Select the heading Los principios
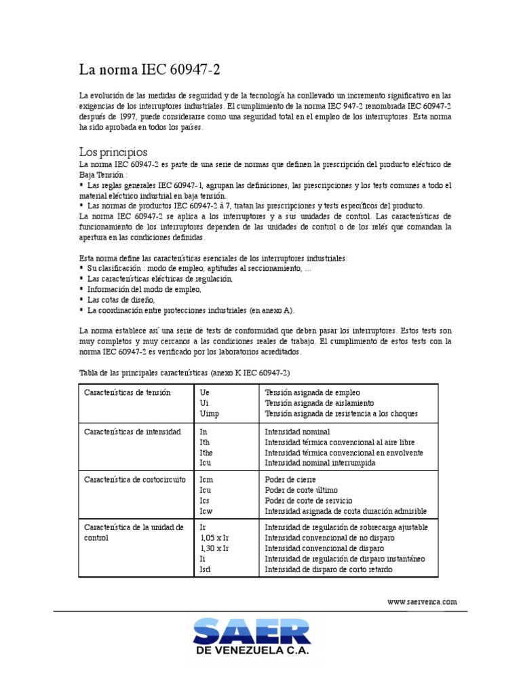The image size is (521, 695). pos(113,151)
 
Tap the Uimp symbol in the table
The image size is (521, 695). pos(210,413)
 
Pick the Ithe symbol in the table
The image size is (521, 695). pos(207,452)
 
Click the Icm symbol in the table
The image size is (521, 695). pos(206,479)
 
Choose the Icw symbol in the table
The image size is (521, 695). pos(206,510)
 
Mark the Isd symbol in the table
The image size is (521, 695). pos(206,569)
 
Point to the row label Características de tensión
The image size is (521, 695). pos(127,393)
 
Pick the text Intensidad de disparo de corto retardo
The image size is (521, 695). pos(328,569)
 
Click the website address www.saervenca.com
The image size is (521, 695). pos(422,601)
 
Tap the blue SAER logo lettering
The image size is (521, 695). pos(252,632)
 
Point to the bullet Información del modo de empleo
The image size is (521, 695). pos(144,289)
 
